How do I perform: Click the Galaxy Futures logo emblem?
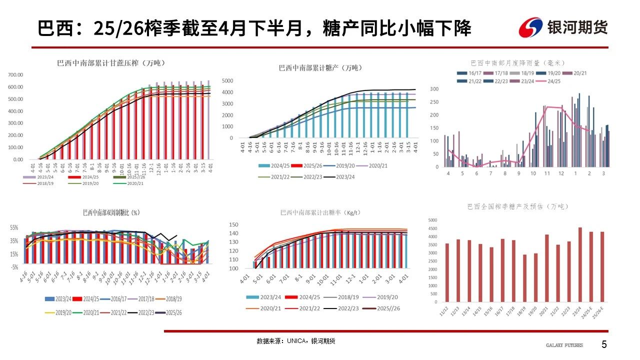pos(531,27)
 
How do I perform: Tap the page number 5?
pos(604,344)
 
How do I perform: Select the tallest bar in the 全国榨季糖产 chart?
pos(580,265)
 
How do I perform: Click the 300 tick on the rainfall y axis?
pos(433,89)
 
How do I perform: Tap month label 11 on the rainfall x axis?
pos(547,173)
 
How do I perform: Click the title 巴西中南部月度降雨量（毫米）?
pos(517,63)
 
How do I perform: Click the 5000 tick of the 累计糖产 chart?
pos(226,80)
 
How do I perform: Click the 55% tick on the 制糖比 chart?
pos(13,227)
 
